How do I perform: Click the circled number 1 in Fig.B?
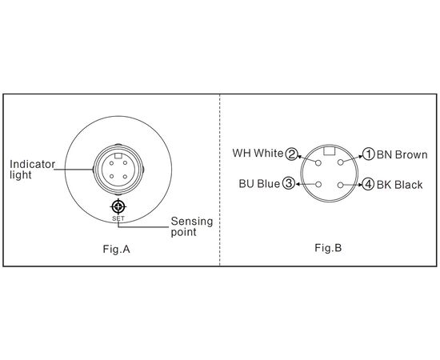369,154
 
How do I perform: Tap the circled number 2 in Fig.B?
291,154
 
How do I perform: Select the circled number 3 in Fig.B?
289,183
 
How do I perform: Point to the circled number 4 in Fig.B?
368,184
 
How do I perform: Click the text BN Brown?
402,154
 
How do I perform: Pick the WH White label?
258,154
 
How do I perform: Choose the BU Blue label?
259,184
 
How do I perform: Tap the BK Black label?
399,185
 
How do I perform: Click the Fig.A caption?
117,249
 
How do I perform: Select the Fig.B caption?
328,248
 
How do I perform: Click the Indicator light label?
32,170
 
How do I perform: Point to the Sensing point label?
192,226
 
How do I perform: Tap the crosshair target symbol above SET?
118,206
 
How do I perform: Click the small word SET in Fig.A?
118,218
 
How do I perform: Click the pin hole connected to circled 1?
340,162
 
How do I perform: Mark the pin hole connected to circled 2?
318,162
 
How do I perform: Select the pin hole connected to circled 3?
318,184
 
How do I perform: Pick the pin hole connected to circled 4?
340,185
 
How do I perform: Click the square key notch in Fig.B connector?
329,150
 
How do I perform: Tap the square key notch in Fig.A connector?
118,156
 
